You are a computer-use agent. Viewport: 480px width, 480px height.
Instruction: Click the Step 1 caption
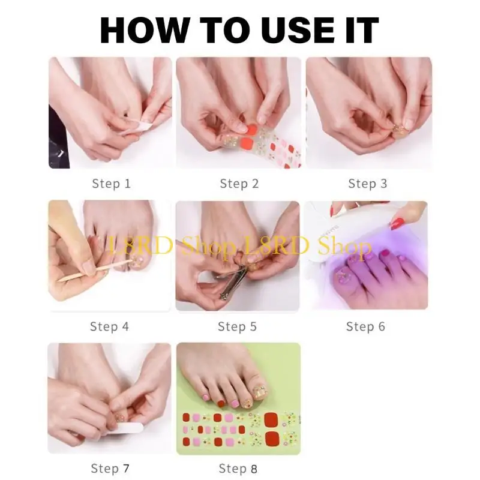111,184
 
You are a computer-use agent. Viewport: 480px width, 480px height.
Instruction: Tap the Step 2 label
239,184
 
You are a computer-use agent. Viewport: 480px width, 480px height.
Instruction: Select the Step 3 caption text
367,184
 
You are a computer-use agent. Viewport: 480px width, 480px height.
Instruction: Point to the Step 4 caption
109,326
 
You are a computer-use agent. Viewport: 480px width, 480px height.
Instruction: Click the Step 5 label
237,326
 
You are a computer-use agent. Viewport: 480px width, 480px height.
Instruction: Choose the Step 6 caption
365,326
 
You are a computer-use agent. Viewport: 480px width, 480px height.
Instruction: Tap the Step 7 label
110,468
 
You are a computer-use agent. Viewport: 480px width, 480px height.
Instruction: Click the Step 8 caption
238,468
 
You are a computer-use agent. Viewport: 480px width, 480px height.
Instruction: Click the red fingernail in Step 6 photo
397,224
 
